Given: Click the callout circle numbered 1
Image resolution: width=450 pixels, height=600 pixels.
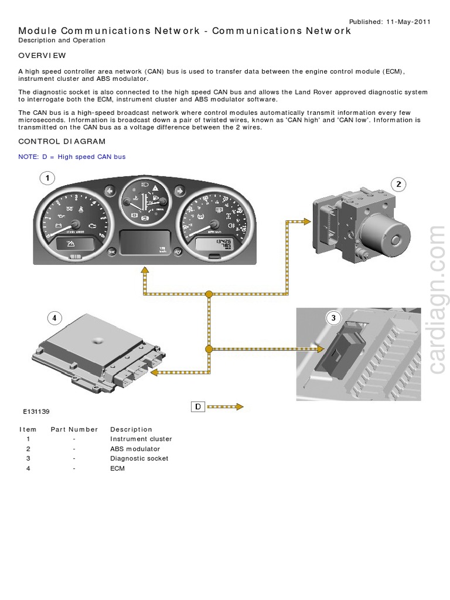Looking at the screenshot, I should pyautogui.click(x=47, y=178).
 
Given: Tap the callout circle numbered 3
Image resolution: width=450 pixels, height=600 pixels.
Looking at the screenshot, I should pyautogui.click(x=333, y=318).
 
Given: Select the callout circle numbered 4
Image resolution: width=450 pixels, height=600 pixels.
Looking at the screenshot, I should pyautogui.click(x=54, y=318).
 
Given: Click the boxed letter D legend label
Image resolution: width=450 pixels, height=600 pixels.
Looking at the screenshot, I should pyautogui.click(x=198, y=407).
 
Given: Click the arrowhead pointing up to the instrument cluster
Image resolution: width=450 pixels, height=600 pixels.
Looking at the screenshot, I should pyautogui.click(x=144, y=270).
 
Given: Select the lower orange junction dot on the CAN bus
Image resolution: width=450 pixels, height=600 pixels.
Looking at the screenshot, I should pyautogui.click(x=209, y=349).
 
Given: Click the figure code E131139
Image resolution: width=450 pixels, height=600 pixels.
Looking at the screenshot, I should pyautogui.click(x=36, y=412).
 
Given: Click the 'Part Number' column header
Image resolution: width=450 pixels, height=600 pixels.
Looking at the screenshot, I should pyautogui.click(x=74, y=429).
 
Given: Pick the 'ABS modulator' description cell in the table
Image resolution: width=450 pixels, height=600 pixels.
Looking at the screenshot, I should pyautogui.click(x=135, y=449).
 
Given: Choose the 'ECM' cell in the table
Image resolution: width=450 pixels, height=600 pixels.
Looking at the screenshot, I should pyautogui.click(x=117, y=468).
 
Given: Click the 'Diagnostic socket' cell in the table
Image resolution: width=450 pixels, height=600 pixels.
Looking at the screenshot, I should pyautogui.click(x=139, y=458).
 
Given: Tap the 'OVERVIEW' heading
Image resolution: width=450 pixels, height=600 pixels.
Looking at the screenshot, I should pyautogui.click(x=42, y=56).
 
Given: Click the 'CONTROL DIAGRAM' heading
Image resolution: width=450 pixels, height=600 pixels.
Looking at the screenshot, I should pyautogui.click(x=62, y=141).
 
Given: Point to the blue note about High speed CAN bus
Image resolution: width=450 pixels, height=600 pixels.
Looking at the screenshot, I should pyautogui.click(x=71, y=156).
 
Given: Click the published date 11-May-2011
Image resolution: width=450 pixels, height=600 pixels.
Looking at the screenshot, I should pyautogui.click(x=408, y=22).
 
